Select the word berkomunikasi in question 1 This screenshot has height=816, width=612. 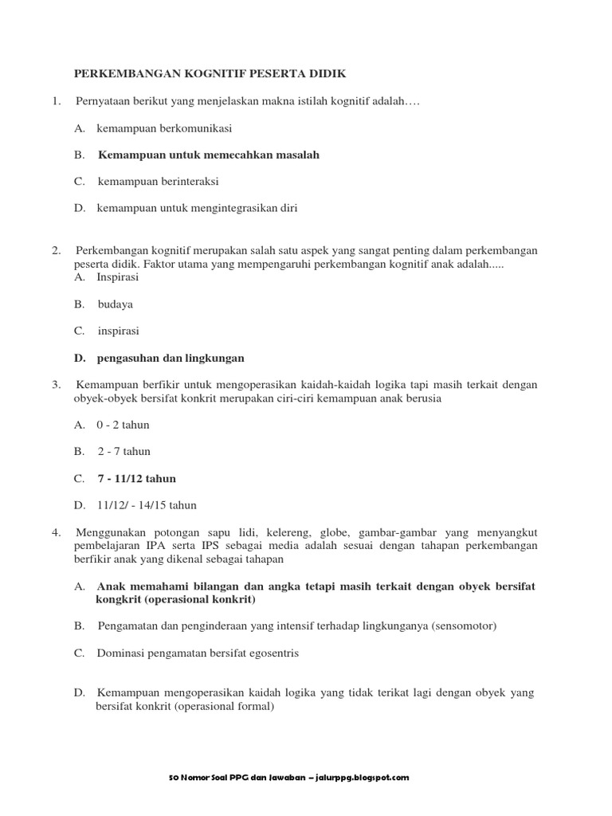coord(194,127)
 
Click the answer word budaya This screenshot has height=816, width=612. coord(116,304)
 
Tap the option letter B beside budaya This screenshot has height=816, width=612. coord(79,304)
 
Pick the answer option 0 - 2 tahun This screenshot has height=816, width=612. coord(123,425)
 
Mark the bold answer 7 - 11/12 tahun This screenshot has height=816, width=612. coord(136,479)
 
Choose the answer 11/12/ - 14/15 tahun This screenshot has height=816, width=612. coord(147,505)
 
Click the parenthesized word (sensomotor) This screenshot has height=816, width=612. coord(465,626)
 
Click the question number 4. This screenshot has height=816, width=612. coord(57,532)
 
